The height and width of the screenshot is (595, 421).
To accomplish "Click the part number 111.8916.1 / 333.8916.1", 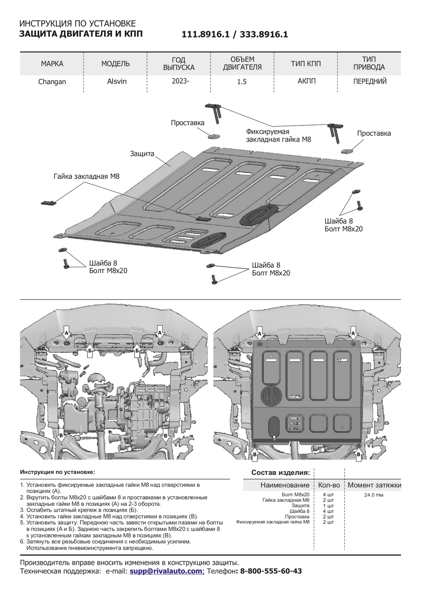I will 235,35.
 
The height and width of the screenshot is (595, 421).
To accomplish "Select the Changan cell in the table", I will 52,82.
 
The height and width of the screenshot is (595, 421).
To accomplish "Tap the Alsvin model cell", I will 116,81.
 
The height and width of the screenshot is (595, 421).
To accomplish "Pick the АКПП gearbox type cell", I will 306,81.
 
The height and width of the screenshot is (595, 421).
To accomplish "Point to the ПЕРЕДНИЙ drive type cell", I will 370,81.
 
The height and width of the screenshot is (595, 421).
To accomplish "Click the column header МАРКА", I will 52,64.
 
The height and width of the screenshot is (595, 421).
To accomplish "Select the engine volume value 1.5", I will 242,82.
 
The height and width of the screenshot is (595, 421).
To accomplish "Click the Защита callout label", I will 142,154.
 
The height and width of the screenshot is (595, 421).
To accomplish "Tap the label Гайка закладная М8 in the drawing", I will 87,176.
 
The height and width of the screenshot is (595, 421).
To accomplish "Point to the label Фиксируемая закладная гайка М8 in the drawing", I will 278,136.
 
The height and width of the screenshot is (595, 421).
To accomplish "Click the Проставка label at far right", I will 374,133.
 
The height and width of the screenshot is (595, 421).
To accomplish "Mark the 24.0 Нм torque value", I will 373,495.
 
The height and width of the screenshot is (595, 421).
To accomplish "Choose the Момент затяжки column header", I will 374,485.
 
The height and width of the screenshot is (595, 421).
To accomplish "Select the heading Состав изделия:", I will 280,473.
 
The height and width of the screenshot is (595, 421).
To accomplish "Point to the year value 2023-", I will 179,81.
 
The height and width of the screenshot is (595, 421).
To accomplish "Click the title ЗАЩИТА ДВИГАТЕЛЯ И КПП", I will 81,34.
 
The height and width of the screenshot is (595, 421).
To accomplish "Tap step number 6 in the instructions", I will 22,541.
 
